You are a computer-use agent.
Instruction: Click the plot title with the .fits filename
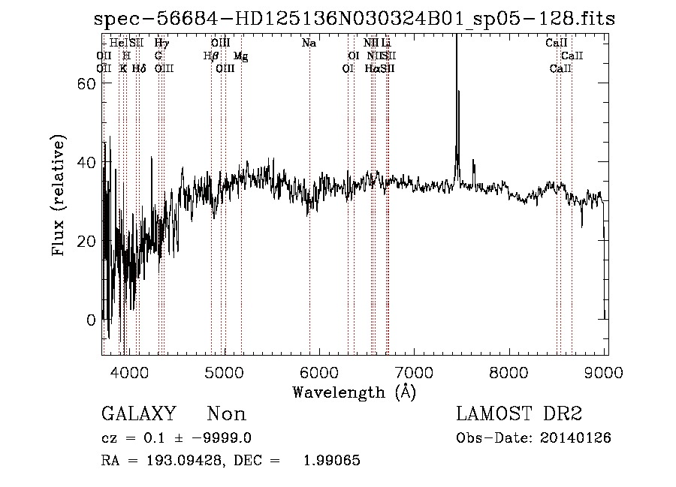tap(355, 20)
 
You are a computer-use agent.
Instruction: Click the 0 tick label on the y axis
tap(92, 320)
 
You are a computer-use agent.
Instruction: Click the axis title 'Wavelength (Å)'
tap(355, 391)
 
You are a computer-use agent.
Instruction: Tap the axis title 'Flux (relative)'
tap(59, 195)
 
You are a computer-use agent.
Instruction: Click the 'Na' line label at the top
tap(309, 44)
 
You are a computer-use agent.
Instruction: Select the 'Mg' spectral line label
tap(240, 56)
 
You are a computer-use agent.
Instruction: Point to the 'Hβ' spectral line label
tap(211, 56)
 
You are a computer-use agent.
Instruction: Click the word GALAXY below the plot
tap(138, 414)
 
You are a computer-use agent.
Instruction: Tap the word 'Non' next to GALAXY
tap(226, 414)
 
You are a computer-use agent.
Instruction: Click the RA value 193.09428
tap(186, 461)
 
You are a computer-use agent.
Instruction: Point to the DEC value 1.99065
tap(330, 461)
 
